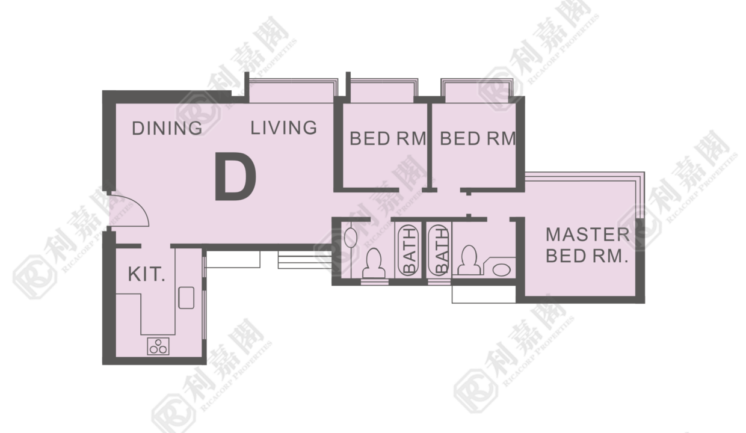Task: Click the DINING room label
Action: click(x=167, y=128)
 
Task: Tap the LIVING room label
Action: click(x=283, y=128)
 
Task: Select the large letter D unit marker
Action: click(x=235, y=176)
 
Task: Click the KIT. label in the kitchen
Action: click(x=147, y=274)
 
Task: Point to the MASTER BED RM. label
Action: click(x=587, y=245)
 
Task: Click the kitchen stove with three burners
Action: click(x=158, y=346)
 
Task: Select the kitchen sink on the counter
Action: click(x=186, y=298)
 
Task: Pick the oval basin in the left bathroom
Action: click(x=351, y=238)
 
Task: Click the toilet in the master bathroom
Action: click(x=470, y=260)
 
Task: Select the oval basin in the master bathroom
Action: click(x=502, y=269)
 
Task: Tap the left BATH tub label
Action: click(x=410, y=250)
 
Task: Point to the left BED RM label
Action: click(x=388, y=138)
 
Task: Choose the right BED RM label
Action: click(x=478, y=138)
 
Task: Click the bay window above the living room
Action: click(x=292, y=91)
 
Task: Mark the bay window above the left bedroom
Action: click(x=383, y=91)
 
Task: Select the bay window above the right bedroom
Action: click(x=477, y=91)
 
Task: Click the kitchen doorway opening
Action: click(x=156, y=247)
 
